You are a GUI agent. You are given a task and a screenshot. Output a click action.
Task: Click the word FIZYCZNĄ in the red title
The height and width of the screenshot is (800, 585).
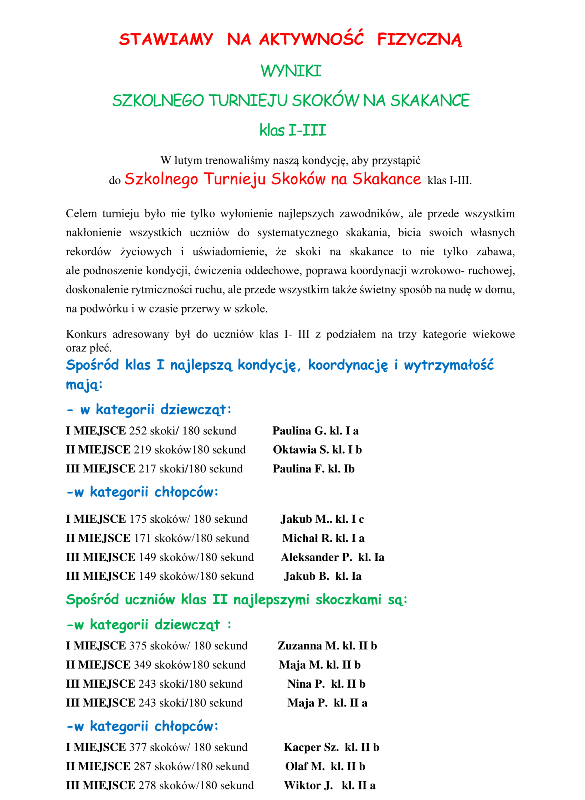coord(419,40)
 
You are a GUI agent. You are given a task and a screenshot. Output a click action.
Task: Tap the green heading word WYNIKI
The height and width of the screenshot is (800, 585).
coord(291,71)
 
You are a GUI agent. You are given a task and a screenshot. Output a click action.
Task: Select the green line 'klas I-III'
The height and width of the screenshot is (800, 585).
coord(293,130)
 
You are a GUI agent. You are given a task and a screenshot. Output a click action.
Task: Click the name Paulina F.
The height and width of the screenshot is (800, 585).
coord(298,469)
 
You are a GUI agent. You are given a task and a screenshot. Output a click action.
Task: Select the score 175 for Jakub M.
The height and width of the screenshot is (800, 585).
coord(138,519)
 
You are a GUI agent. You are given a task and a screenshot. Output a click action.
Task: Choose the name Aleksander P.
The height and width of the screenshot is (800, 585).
coord(316,557)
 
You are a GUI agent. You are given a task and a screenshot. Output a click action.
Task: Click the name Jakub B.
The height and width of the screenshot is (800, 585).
coord(306,576)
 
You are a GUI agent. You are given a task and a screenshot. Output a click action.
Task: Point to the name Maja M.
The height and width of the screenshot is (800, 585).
coord(301,664)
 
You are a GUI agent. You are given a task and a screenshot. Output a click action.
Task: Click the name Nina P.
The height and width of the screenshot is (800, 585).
coord(306,684)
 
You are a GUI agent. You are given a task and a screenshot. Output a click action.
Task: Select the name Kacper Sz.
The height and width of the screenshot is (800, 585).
coord(311,747)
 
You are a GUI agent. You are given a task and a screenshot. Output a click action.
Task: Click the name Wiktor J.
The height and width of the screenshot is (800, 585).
coord(308,785)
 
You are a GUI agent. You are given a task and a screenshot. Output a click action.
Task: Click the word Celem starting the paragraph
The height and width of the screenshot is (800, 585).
coord(81,213)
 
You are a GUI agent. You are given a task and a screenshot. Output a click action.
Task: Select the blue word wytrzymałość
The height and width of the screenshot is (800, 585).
coord(448,365)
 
